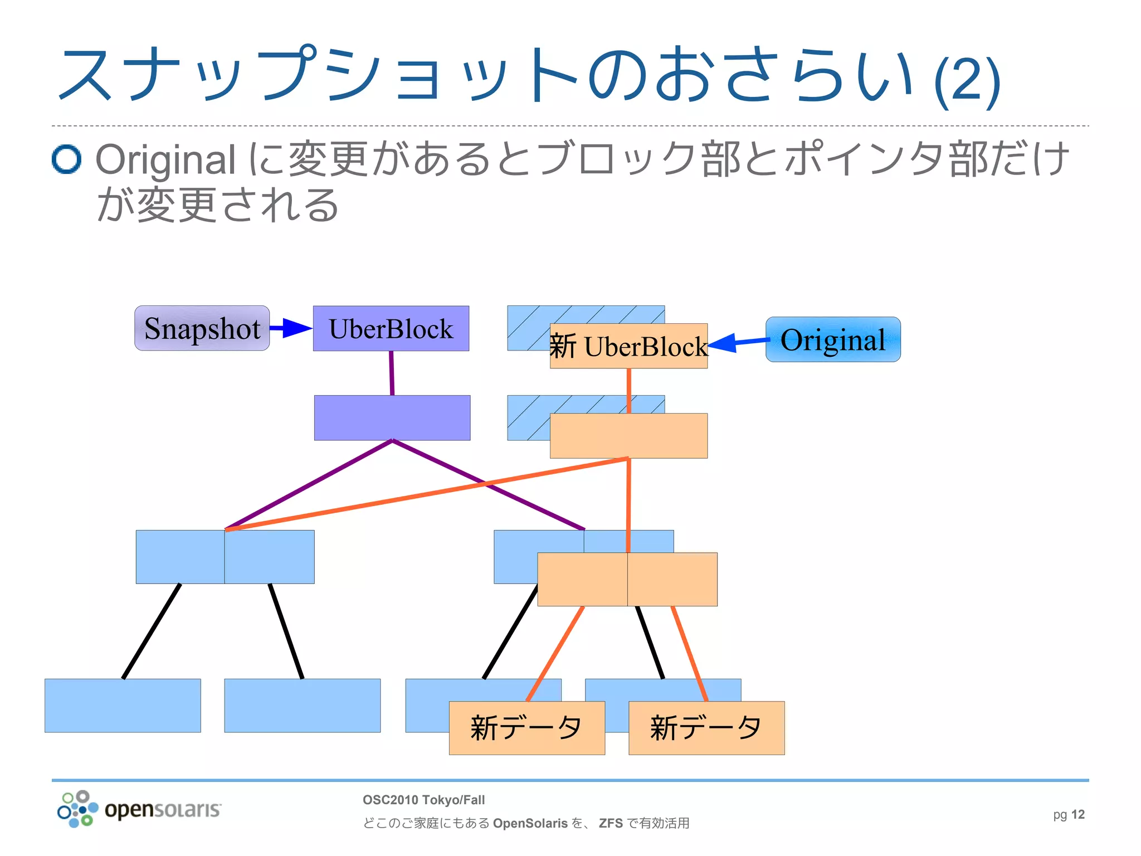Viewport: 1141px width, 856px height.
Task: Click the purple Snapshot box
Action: (x=202, y=328)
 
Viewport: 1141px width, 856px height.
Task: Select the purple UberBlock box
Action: (x=391, y=328)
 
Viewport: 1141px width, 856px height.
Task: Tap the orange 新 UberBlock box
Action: (x=628, y=346)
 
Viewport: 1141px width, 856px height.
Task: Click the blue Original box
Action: (x=833, y=339)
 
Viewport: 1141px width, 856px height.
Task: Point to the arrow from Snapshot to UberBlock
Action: (x=291, y=328)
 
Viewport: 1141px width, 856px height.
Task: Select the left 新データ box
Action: (x=526, y=728)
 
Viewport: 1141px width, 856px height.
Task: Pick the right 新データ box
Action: (x=706, y=728)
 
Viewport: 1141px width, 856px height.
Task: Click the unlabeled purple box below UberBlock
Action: (x=392, y=417)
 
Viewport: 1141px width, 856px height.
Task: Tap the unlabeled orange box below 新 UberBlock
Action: (x=628, y=436)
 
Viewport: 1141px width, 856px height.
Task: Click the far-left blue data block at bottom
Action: (x=123, y=705)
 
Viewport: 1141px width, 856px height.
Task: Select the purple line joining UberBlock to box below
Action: (x=392, y=373)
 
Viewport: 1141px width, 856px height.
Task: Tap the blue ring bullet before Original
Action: (x=66, y=159)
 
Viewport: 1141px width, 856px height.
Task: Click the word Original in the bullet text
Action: (x=165, y=160)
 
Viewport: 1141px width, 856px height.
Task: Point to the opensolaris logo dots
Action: (x=77, y=809)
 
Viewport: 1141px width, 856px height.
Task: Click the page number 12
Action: (x=1077, y=814)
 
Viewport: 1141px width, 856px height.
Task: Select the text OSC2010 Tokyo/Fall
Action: (x=423, y=800)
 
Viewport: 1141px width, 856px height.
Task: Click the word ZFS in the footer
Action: (x=611, y=823)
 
